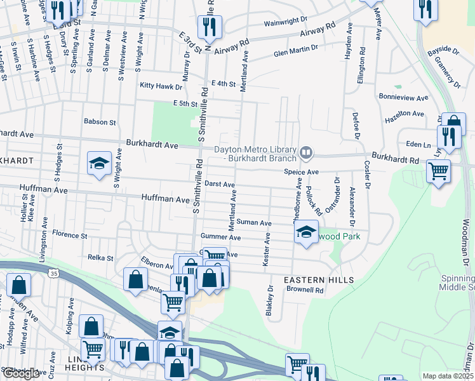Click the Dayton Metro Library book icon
[x=307, y=152]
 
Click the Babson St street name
[x=100, y=121]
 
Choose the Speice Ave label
[x=300, y=172]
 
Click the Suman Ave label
[x=254, y=224]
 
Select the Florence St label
[x=69, y=234]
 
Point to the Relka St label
[x=100, y=258]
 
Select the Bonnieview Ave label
[x=401, y=98]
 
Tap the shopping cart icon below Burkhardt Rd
[x=438, y=171]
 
